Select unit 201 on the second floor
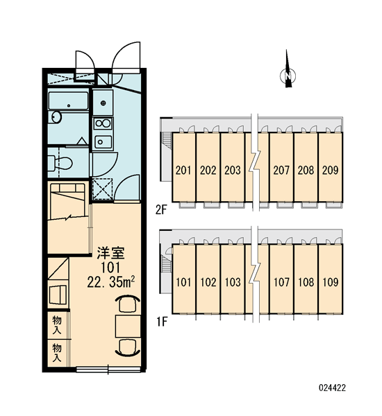click(183, 167)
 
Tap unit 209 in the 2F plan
click(331, 167)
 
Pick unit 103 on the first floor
click(233, 279)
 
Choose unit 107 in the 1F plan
click(281, 279)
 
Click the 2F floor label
click(161, 210)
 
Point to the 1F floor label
click(161, 322)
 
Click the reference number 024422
click(332, 388)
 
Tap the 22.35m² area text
click(110, 282)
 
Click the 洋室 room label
click(110, 253)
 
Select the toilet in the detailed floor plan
click(60, 163)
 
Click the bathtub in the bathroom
click(68, 101)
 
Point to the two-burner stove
click(103, 123)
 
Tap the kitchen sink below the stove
click(103, 142)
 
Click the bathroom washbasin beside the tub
click(57, 117)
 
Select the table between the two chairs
click(128, 327)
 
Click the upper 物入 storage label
click(57, 325)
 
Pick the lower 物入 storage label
click(57, 352)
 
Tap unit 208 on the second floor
click(306, 167)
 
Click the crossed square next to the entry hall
click(102, 189)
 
